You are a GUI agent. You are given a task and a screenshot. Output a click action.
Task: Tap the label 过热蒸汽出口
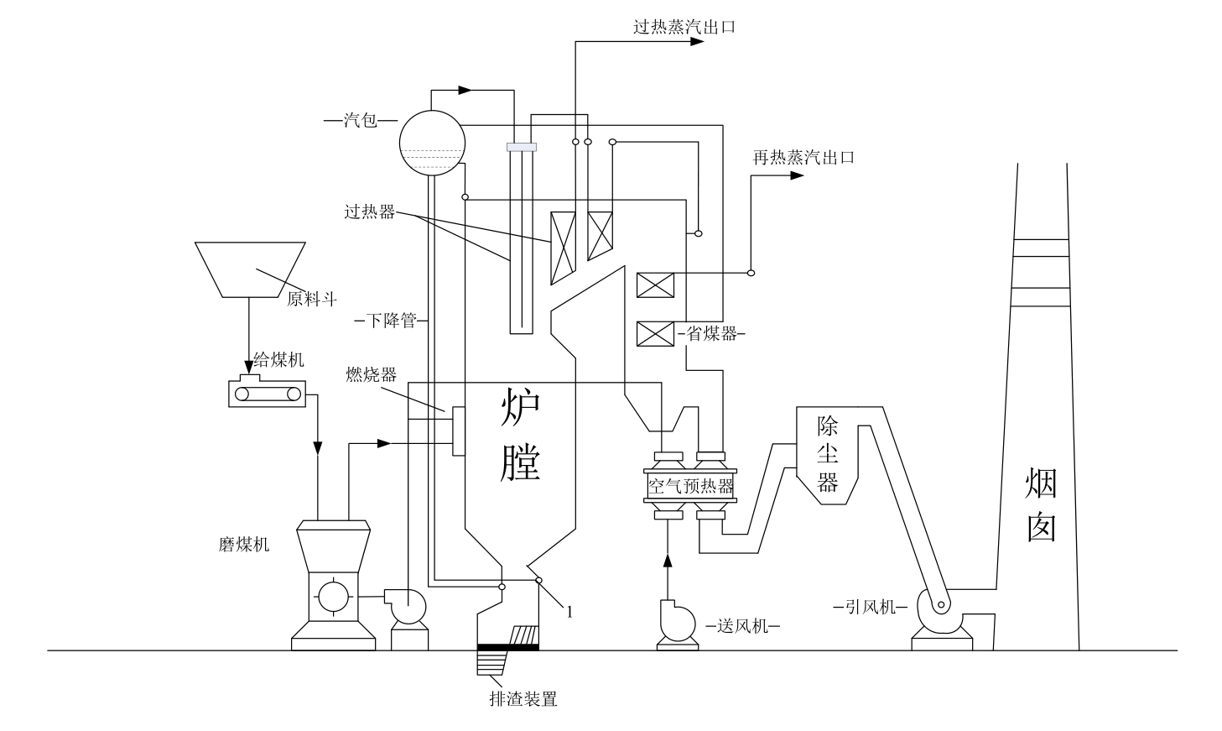684,26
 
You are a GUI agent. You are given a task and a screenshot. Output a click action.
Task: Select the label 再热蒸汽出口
803,157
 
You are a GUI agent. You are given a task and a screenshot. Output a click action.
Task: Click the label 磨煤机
243,544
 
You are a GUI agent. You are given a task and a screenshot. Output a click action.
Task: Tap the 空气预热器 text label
689,486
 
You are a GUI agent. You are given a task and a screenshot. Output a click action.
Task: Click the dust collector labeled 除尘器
828,454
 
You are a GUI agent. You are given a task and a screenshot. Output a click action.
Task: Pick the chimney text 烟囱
1040,504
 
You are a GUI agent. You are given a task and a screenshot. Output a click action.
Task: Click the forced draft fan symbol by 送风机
676,621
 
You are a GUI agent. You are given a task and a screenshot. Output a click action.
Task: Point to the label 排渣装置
523,698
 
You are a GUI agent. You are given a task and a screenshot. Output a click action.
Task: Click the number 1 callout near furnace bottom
569,612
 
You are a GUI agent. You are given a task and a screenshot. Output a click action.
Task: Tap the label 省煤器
711,333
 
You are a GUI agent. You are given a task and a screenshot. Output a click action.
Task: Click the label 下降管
391,320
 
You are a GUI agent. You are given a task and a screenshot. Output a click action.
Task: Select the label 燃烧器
370,374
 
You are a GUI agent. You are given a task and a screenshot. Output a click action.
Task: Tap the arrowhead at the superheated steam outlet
696,40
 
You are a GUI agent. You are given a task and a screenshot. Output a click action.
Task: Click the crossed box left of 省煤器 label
655,334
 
